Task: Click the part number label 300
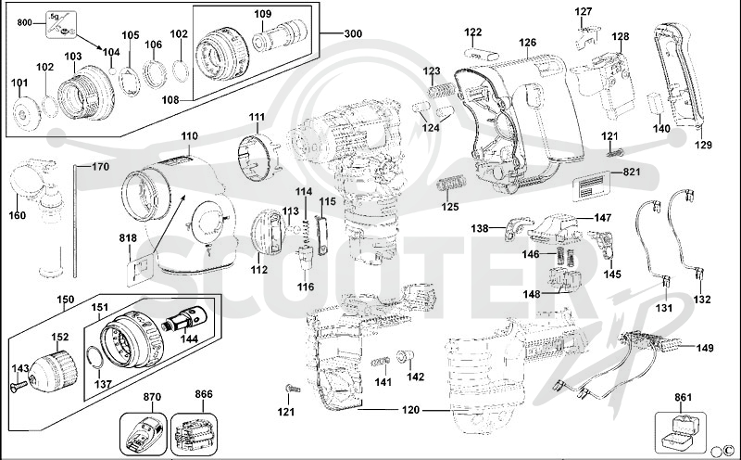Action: coord(353,33)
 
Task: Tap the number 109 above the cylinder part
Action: coord(263,14)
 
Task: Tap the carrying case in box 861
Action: coord(681,431)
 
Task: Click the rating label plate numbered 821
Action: coord(590,187)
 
